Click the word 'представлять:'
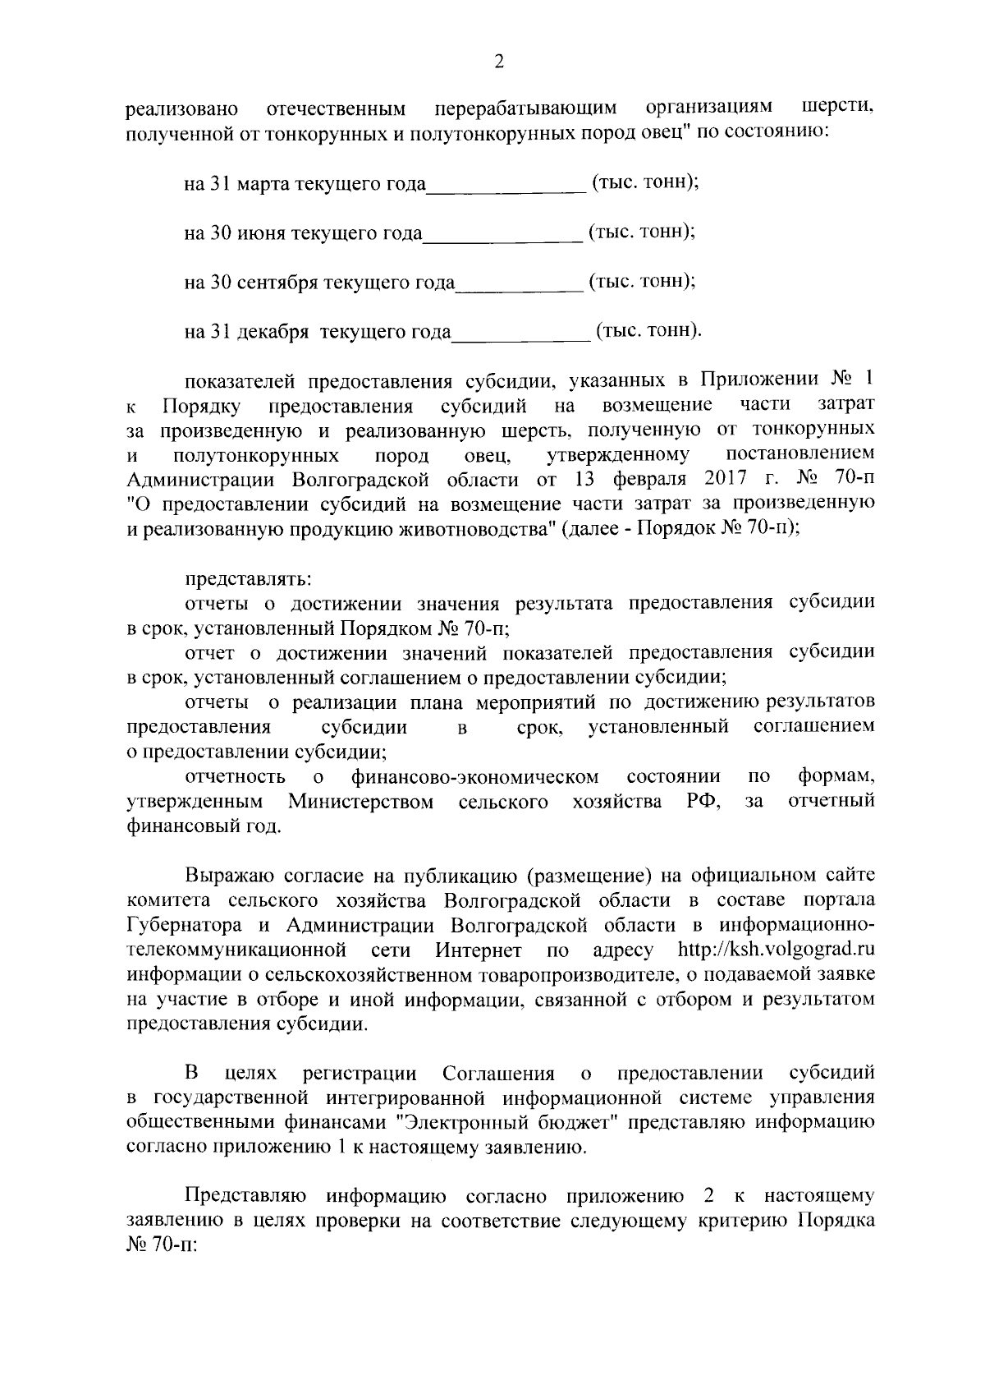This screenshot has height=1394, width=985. [x=247, y=579]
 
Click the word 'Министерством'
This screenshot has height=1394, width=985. [x=360, y=802]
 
